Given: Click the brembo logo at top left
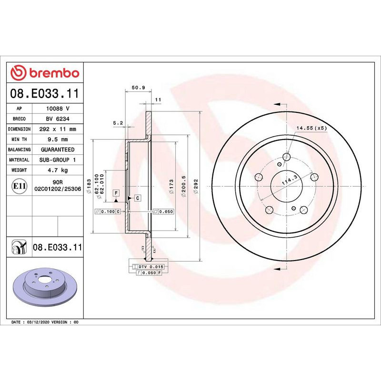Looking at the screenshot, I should point(45,73).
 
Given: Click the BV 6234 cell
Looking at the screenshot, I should point(58,119).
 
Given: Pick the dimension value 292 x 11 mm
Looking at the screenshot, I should point(58,129).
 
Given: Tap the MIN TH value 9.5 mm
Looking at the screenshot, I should point(58,140).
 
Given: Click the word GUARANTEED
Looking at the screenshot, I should point(58,150).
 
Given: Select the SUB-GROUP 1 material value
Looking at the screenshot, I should point(58,160).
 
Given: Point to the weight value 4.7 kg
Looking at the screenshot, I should point(58,170).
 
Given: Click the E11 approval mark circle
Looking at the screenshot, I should point(19,185).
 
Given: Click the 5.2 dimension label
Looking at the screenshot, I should point(118,123).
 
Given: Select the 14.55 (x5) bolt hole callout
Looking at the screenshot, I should point(312,128).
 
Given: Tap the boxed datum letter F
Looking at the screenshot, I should point(115,192).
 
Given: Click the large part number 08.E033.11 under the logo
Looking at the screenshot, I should point(45,92).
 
